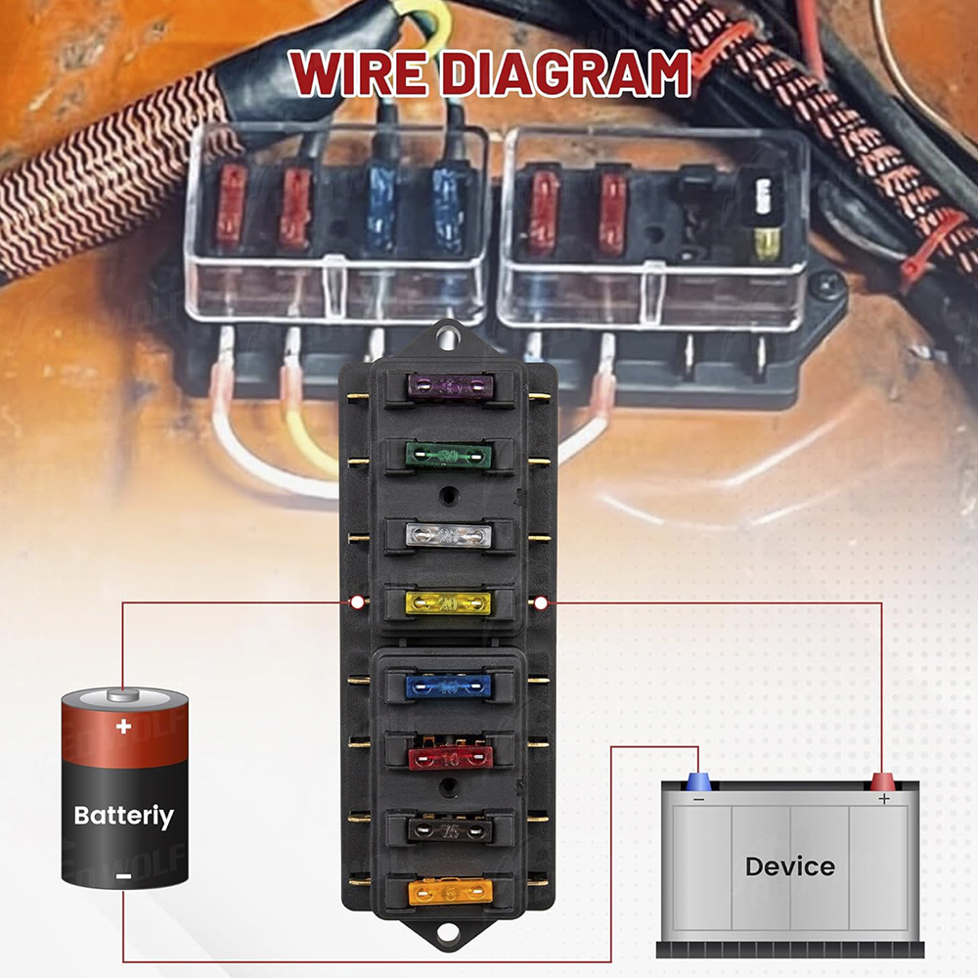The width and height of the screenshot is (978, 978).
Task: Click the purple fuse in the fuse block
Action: pyautogui.click(x=448, y=388)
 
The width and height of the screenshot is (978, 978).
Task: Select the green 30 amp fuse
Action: pyautogui.click(x=448, y=456)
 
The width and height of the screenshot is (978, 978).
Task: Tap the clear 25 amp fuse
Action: pyautogui.click(x=448, y=535)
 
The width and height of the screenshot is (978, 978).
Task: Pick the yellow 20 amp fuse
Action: pyautogui.click(x=448, y=603)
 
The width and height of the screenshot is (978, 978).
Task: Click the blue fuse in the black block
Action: pyautogui.click(x=448, y=687)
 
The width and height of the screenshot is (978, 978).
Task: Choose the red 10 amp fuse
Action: pyautogui.click(x=448, y=755)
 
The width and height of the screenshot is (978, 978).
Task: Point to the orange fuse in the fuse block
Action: pyautogui.click(x=448, y=891)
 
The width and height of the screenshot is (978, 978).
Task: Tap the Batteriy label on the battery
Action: pyautogui.click(x=124, y=816)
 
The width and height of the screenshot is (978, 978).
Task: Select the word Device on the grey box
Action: pyautogui.click(x=789, y=866)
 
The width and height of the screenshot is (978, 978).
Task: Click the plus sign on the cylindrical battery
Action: pyautogui.click(x=123, y=727)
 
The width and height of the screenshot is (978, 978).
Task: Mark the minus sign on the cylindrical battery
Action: pyautogui.click(x=123, y=876)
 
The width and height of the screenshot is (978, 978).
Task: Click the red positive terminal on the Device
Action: pyautogui.click(x=883, y=781)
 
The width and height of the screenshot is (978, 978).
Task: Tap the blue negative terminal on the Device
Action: pyautogui.click(x=699, y=781)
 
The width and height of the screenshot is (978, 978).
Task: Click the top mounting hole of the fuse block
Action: pyautogui.click(x=448, y=338)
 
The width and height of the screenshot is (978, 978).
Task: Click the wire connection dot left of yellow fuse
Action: pyautogui.click(x=357, y=601)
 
